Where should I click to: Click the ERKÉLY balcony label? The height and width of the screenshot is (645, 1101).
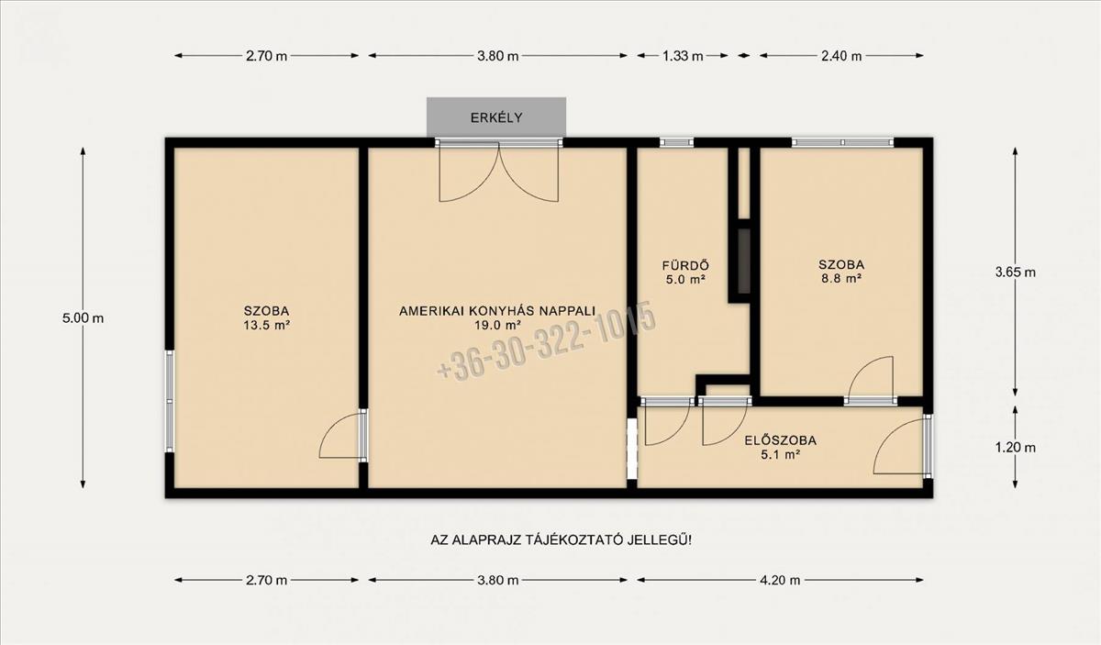[x=496, y=118]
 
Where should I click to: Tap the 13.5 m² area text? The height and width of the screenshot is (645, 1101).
[x=266, y=325]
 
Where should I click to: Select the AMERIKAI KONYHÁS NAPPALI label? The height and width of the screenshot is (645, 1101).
[x=497, y=311]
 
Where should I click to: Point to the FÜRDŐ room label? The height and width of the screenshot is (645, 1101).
[x=685, y=265]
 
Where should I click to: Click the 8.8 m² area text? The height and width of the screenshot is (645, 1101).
[x=841, y=279]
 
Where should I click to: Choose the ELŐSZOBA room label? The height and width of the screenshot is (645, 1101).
[x=781, y=440]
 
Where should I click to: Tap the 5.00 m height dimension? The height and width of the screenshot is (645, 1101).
[x=83, y=318]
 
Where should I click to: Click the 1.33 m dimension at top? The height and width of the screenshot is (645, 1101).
[x=683, y=56]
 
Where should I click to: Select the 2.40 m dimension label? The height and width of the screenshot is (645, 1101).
[x=841, y=56]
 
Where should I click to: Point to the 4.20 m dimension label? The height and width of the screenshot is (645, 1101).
[x=780, y=581]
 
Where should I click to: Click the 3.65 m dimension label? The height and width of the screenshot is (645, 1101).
[x=1016, y=272]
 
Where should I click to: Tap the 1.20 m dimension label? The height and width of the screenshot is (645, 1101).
[x=1016, y=448]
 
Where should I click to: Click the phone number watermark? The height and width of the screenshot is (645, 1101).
[x=547, y=340]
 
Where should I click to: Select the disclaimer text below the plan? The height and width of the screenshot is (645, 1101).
[x=561, y=540]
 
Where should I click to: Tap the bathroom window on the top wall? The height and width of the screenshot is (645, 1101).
[x=676, y=142]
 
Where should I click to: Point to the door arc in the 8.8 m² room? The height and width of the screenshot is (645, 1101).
[x=858, y=369]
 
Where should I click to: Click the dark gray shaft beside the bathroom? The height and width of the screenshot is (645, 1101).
[x=744, y=261]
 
